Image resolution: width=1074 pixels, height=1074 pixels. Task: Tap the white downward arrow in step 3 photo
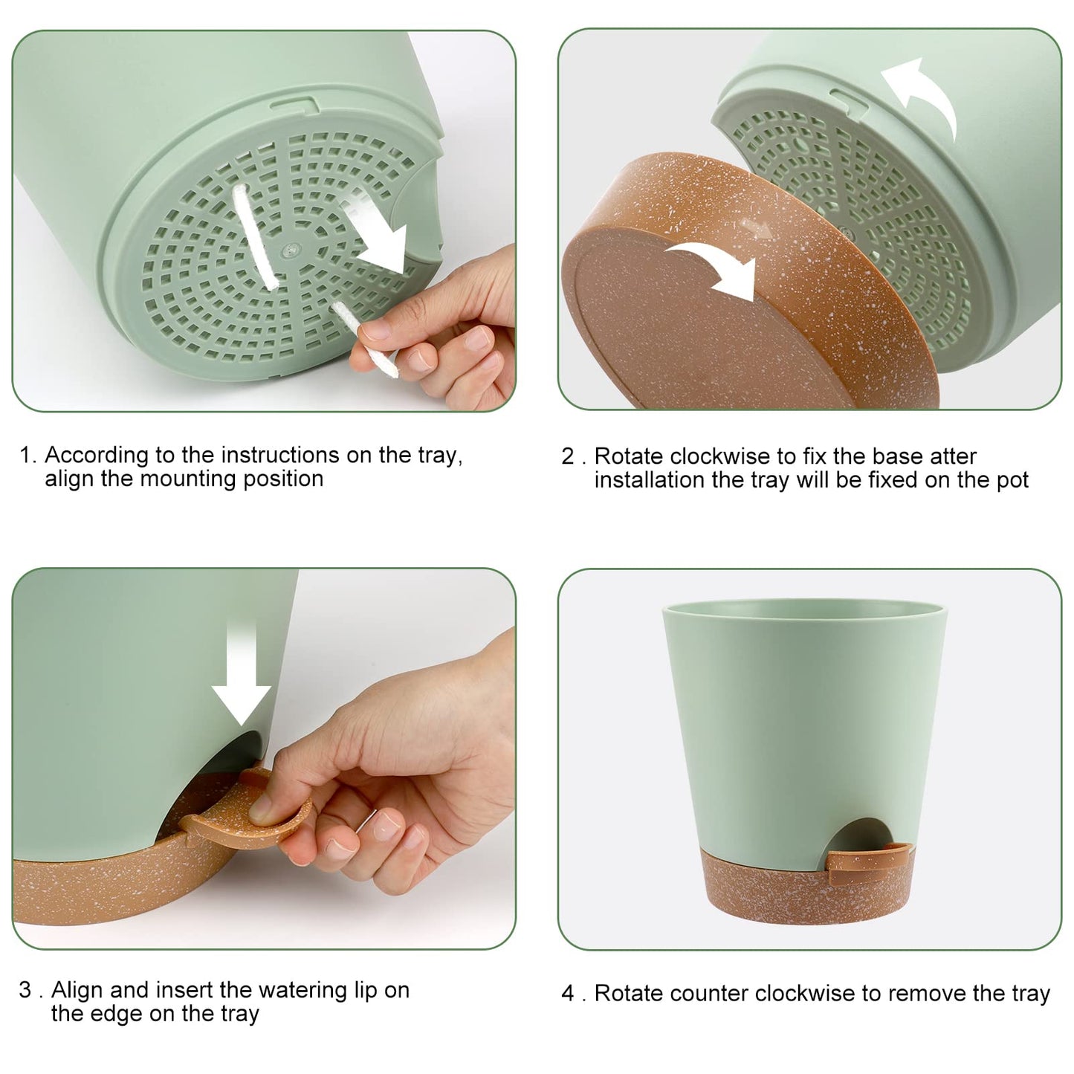pyautogui.click(x=242, y=673)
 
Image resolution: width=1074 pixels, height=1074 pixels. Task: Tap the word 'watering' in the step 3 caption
pyautogui.click(x=284, y=990)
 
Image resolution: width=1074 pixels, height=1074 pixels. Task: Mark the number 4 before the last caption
pyautogui.click(x=568, y=993)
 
